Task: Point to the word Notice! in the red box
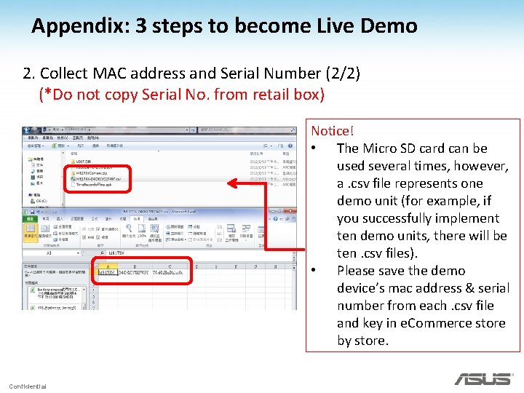click(x=333, y=131)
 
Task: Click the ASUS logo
click(x=483, y=379)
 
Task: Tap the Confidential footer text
click(x=28, y=386)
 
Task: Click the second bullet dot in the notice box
click(x=313, y=271)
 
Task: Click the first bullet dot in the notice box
click(x=313, y=149)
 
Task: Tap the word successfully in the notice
click(x=392, y=218)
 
